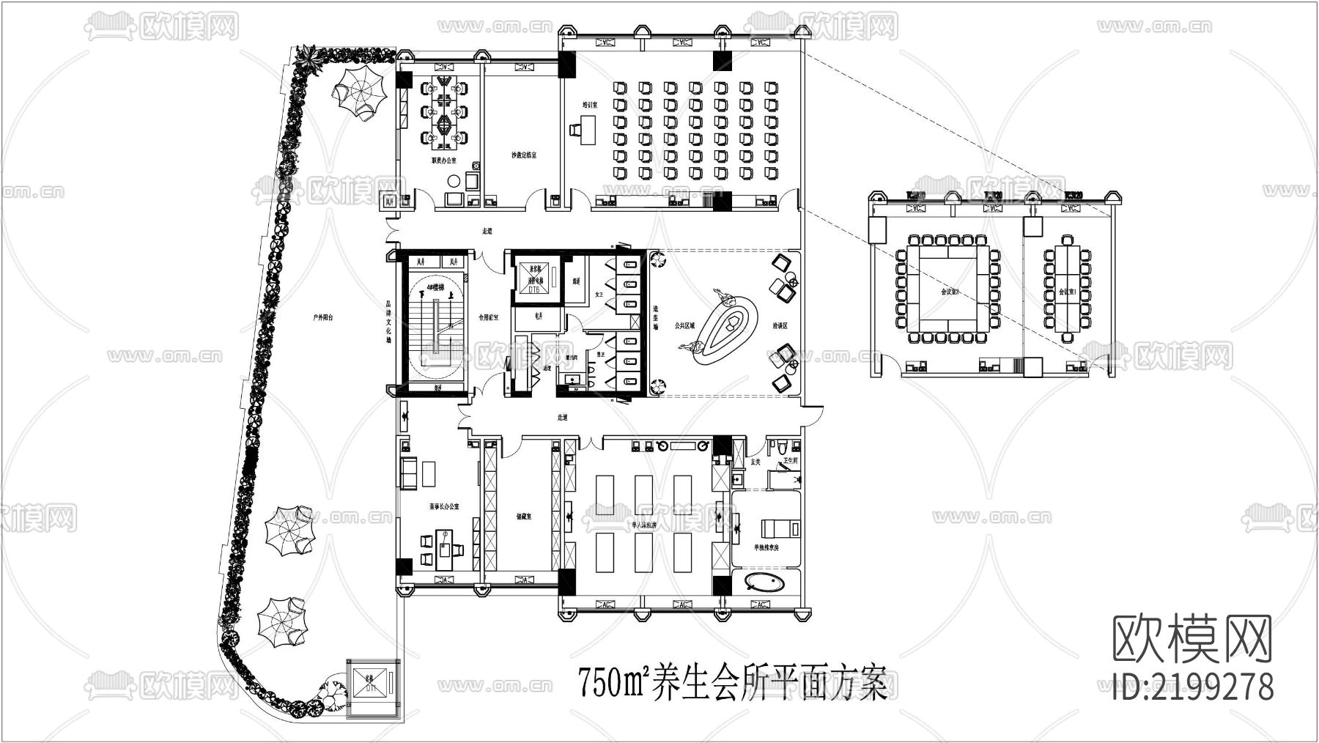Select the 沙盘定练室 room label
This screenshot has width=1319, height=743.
[x=524, y=155]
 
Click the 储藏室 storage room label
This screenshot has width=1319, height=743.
[x=523, y=517]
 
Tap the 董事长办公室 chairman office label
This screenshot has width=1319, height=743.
[x=444, y=507]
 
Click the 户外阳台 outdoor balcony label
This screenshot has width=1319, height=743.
[x=323, y=318]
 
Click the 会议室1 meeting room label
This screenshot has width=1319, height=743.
[x=1065, y=292]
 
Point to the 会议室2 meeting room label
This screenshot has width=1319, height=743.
[x=950, y=292]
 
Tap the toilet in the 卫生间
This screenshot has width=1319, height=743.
[x=781, y=447]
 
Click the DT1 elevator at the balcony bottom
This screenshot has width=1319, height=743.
[x=371, y=687]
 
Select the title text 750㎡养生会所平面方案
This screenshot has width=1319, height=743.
[x=733, y=683]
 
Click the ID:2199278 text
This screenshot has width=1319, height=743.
[x=1192, y=687]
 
